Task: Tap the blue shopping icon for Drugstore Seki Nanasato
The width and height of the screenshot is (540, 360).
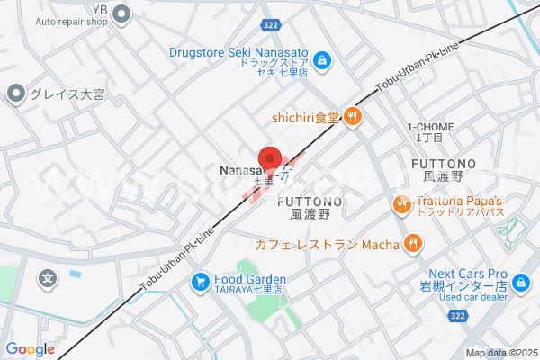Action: coord(324,61)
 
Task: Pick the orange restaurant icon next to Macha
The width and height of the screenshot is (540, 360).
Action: coord(413,243)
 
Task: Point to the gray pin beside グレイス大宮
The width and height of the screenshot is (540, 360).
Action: coord(15,93)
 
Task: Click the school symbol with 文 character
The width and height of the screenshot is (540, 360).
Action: coord(48,280)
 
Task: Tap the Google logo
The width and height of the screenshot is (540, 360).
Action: coord(30,349)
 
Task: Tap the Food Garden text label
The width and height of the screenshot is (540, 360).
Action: coord(249,279)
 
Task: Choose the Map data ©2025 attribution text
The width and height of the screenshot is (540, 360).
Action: coord(500,353)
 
